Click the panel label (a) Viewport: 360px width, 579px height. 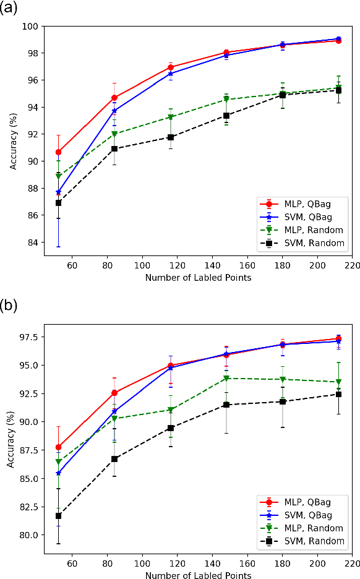(x=10, y=9)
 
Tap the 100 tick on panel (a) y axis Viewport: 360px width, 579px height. (x=30, y=26)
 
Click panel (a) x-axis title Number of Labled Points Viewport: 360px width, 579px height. (x=198, y=278)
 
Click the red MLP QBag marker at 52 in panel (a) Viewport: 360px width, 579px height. (x=59, y=152)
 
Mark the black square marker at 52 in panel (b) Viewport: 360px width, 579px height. (x=59, y=516)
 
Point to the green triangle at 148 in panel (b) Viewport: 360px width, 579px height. (x=226, y=378)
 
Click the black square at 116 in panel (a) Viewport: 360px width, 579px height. (x=171, y=137)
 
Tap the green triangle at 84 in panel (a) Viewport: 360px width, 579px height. (x=114, y=134)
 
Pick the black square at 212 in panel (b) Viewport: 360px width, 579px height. (x=338, y=394)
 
